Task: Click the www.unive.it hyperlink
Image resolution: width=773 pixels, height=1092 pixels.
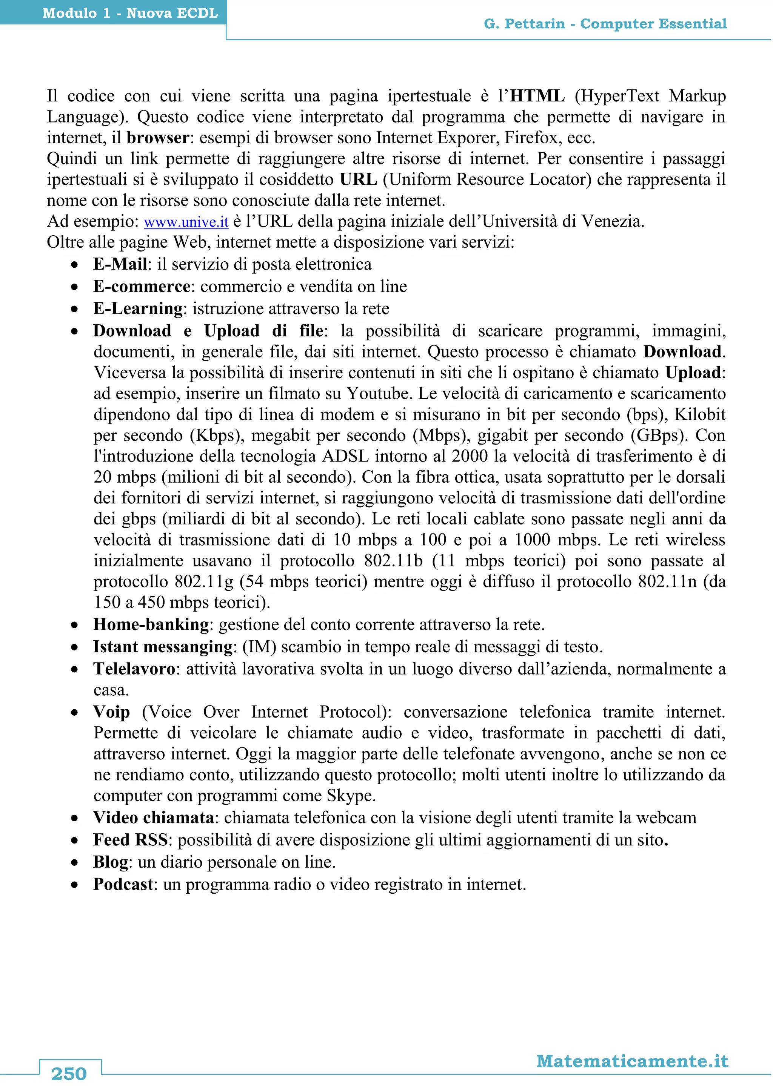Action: tap(186, 222)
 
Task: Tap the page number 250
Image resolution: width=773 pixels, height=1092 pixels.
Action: tap(69, 1074)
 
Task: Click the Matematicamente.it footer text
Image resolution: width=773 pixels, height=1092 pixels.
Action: tap(632, 1061)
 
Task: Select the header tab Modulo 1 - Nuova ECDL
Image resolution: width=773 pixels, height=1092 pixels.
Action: tap(130, 13)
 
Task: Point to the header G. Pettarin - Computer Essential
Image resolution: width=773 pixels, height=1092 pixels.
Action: tap(605, 24)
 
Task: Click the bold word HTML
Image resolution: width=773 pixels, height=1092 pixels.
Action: tap(537, 96)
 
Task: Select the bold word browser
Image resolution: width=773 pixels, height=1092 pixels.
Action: tap(157, 138)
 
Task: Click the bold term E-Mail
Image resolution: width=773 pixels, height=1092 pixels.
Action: tap(120, 264)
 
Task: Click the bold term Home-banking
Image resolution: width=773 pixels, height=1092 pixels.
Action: tap(151, 624)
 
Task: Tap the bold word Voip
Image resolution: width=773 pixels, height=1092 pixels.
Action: tap(111, 712)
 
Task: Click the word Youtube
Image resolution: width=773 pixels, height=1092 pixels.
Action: tap(378, 394)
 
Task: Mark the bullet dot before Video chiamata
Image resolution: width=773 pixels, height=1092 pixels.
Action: tap(75, 819)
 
